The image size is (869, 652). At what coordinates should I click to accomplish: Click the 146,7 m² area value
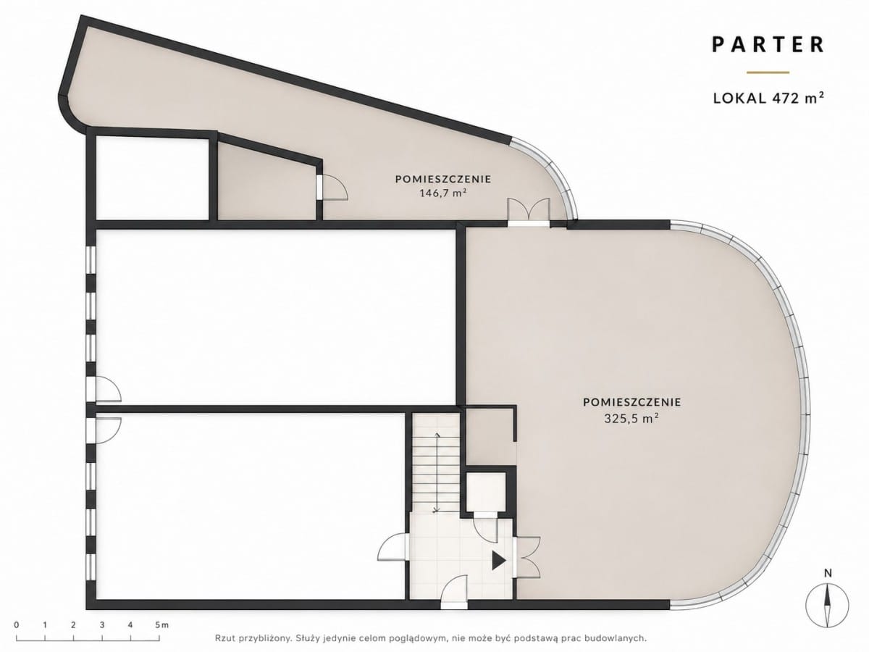click(x=442, y=193)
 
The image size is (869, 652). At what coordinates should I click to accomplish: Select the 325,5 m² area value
click(x=631, y=419)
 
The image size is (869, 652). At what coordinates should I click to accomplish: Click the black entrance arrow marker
click(x=499, y=561)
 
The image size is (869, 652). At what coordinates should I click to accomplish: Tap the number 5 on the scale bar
click(x=158, y=625)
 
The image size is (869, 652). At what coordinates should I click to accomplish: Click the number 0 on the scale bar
click(x=16, y=625)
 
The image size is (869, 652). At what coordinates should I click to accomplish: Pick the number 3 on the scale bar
click(x=102, y=625)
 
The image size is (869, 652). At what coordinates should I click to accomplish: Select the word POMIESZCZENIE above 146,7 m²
click(x=443, y=179)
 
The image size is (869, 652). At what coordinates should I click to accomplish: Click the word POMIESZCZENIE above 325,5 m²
click(x=632, y=402)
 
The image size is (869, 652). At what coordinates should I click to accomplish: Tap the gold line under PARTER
click(x=768, y=72)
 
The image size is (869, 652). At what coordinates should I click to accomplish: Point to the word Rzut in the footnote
click(x=224, y=638)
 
